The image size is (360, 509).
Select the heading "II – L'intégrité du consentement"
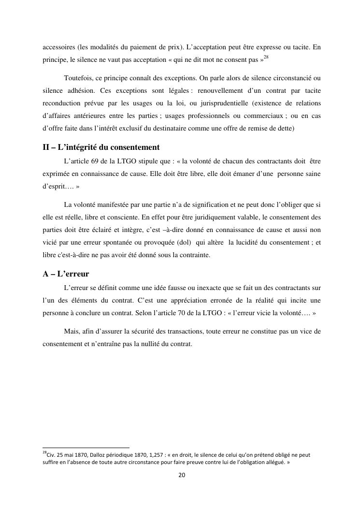(101, 147)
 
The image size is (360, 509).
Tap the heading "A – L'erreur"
(65, 274)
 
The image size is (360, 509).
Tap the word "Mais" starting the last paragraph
(72, 331)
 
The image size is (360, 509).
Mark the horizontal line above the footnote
(86, 448)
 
